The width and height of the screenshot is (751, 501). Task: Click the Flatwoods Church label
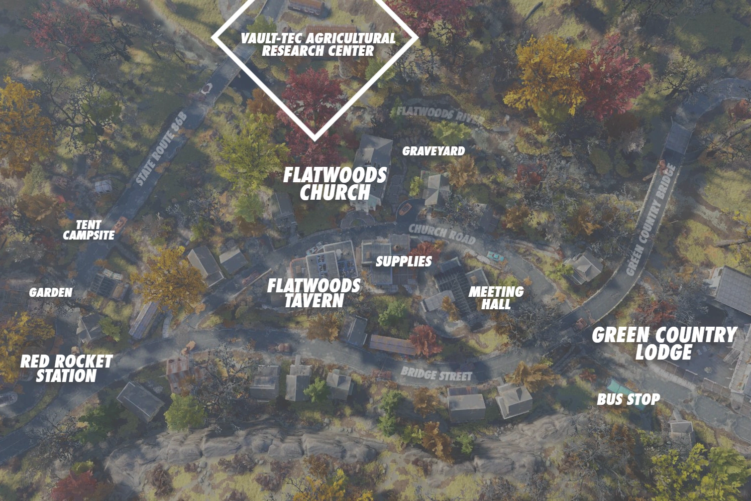[x=335, y=183]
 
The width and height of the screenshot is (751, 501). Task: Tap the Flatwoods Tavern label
[x=314, y=293]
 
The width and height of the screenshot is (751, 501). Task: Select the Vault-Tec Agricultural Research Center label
[x=318, y=44]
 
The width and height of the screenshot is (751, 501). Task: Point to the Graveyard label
[x=433, y=151]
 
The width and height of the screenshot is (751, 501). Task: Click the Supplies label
[x=404, y=261]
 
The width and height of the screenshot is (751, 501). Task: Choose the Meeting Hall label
[x=496, y=297]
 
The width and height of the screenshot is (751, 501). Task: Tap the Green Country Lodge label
[x=664, y=343]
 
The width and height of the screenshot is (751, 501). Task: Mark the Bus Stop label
[x=629, y=399]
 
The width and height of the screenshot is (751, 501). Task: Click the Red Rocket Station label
[x=66, y=368]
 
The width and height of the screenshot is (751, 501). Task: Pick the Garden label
[x=51, y=292]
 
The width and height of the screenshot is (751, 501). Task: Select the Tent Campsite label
[x=89, y=230]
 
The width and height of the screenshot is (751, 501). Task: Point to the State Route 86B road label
[x=161, y=149]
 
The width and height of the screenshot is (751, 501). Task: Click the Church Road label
[x=441, y=234]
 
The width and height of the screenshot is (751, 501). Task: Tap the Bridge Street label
[x=436, y=374]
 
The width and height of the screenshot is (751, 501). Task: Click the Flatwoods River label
[x=440, y=114]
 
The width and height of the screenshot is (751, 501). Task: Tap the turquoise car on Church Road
[x=495, y=255]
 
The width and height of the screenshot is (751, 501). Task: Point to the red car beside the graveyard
[x=405, y=208]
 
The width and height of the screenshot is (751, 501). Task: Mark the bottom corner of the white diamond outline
[x=315, y=138]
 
